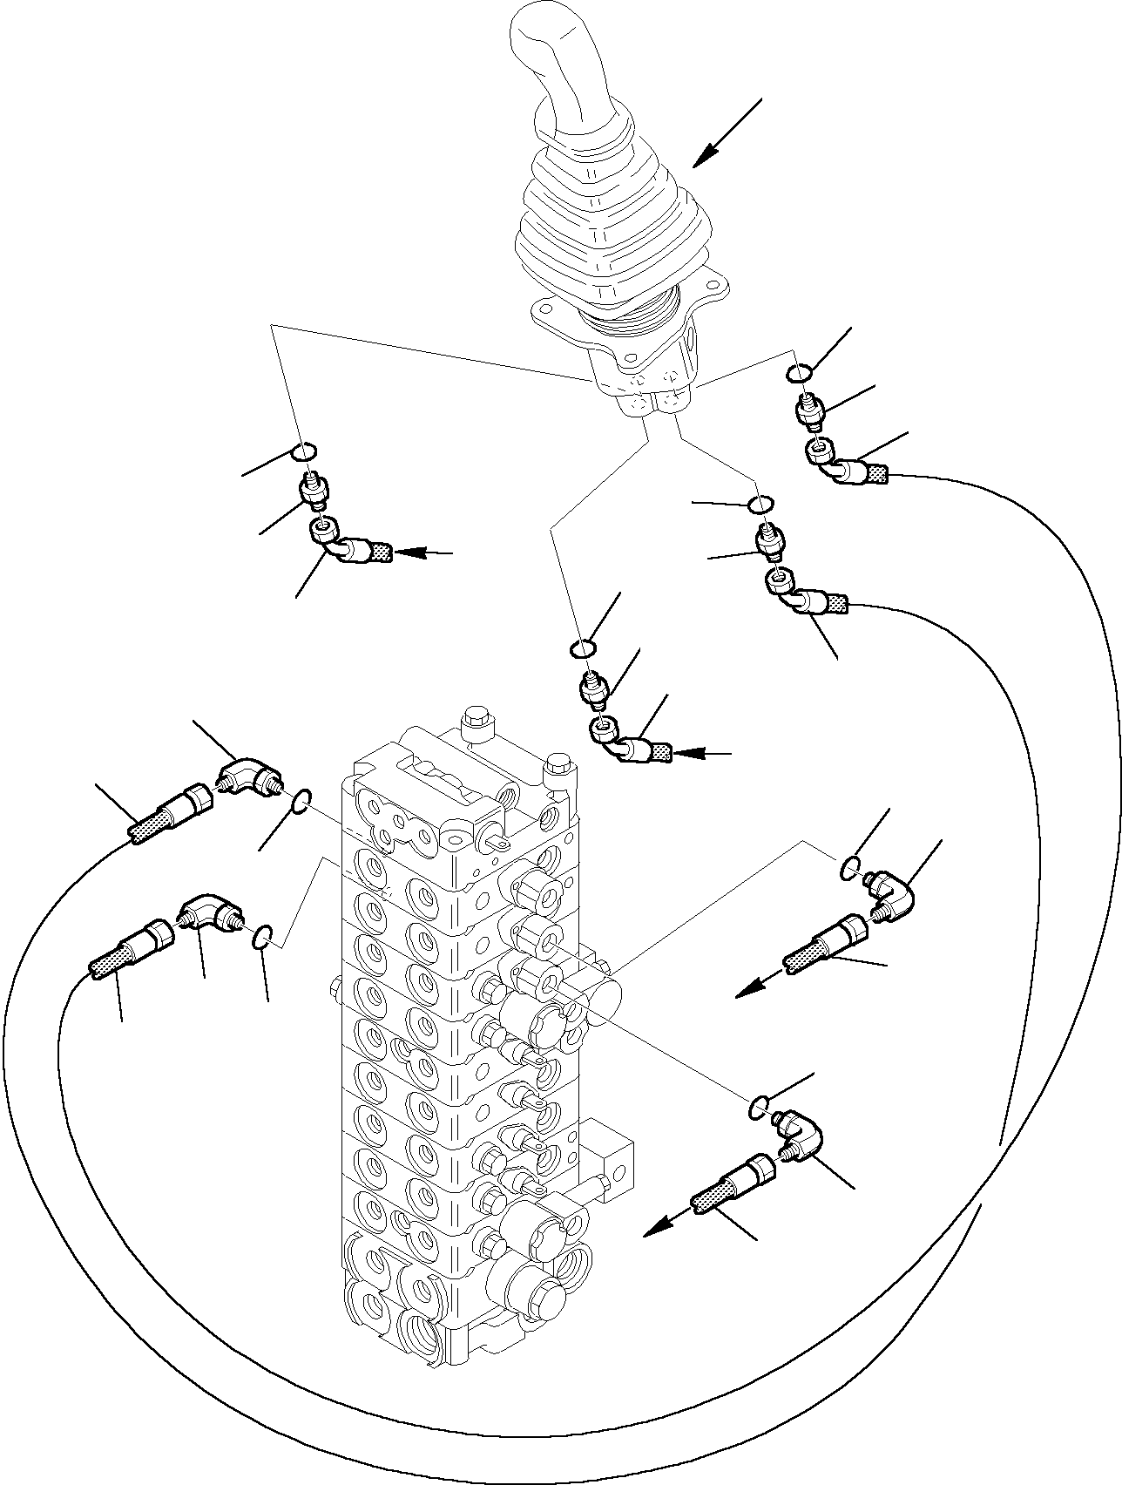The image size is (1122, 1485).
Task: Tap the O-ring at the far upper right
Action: click(800, 374)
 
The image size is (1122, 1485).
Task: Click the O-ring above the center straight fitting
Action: click(582, 648)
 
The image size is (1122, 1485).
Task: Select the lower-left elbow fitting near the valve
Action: click(209, 913)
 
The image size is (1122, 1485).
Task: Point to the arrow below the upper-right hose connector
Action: click(754, 983)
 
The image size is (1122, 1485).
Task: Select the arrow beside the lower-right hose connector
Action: click(662, 1224)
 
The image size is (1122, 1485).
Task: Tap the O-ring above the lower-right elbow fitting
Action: click(758, 1107)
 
